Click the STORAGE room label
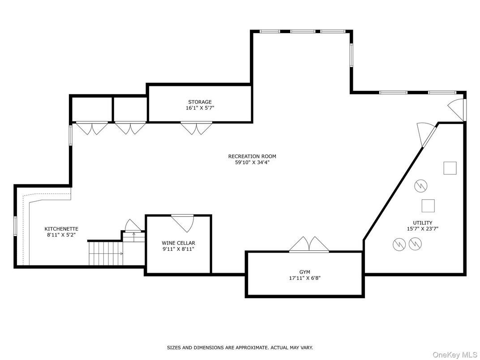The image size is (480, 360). tap(200, 102)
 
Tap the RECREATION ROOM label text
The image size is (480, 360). tap(252, 156)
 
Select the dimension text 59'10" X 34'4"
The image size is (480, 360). tap(252, 163)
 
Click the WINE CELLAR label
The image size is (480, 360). tap(179, 243)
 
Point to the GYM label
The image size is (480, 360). tap(304, 271)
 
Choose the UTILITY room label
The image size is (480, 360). tap(422, 223)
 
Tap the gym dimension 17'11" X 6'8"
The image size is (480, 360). tap(304, 278)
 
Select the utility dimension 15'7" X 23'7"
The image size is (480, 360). tap(422, 229)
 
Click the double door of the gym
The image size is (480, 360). tap(309, 245)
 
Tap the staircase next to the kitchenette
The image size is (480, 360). tap(106, 253)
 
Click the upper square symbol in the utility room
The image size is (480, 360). tap(450, 168)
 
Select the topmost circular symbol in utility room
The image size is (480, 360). tap(421, 185)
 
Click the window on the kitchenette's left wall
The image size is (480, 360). tap(15, 226)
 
